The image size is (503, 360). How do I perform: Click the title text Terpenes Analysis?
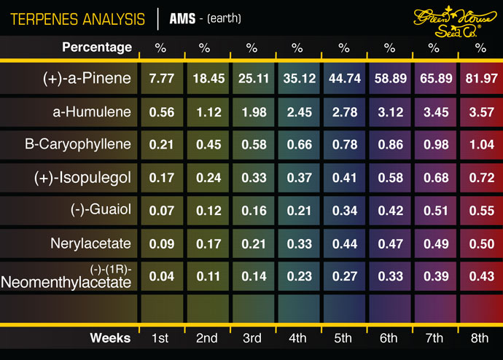pos(78,17)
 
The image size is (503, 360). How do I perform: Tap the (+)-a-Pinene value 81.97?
pos(480,79)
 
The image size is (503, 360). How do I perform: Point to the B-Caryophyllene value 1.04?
pos(480,144)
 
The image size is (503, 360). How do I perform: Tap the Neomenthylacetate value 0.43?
pos(480,276)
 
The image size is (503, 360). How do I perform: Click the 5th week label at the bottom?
pos(343,337)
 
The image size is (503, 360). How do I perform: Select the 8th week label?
pos(480,337)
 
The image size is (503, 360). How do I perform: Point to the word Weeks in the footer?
pos(110,337)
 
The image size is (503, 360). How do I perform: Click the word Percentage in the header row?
pos(97,47)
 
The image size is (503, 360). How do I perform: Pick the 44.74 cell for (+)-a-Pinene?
pos(343,79)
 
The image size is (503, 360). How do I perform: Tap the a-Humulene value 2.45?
pos(297,111)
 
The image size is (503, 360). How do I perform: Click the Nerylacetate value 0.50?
pos(480,243)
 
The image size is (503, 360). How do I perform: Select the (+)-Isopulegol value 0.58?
pos(389,177)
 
